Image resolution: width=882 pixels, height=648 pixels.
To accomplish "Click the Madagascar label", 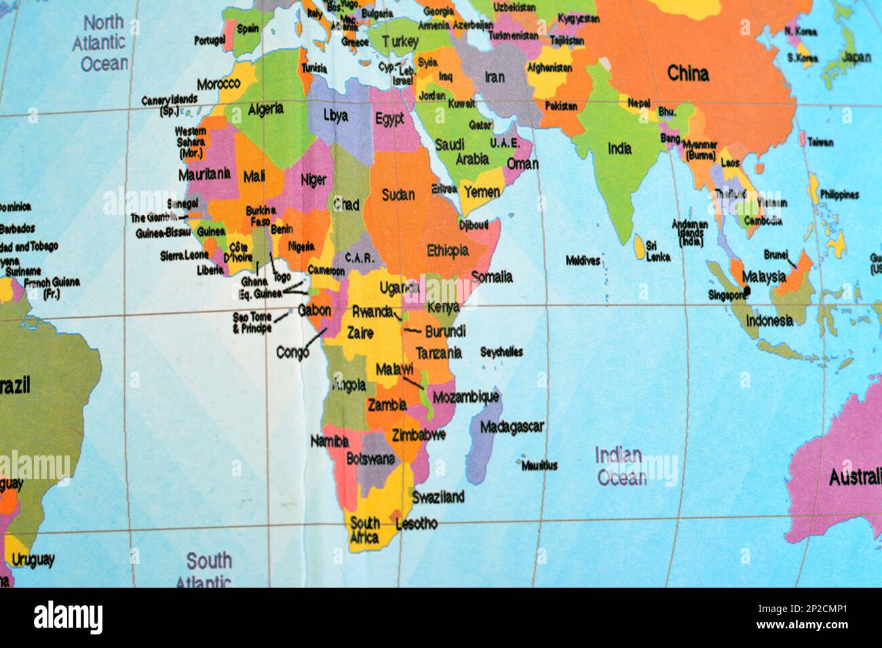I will (x=512, y=427).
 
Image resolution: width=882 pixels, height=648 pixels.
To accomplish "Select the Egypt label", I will (x=389, y=119).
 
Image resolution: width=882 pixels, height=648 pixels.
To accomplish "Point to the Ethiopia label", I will (x=447, y=250).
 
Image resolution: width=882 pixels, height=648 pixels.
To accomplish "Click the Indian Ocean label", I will (x=620, y=466).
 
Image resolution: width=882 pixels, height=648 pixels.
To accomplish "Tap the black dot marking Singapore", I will (x=747, y=290).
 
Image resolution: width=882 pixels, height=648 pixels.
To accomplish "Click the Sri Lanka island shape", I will (x=639, y=246).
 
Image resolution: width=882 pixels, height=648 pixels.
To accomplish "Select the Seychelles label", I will (x=501, y=352).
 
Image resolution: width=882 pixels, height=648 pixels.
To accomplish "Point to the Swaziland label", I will (x=438, y=497).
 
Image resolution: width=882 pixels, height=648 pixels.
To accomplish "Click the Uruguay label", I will (x=32, y=560).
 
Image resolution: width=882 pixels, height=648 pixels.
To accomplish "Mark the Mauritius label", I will (x=539, y=466).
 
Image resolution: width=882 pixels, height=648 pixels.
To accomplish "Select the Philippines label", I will (x=839, y=195).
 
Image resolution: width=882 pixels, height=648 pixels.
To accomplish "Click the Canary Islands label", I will (x=169, y=104).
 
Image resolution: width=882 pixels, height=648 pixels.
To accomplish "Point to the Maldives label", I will (x=583, y=260).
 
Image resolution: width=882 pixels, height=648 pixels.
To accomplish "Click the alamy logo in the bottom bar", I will (x=69, y=617).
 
